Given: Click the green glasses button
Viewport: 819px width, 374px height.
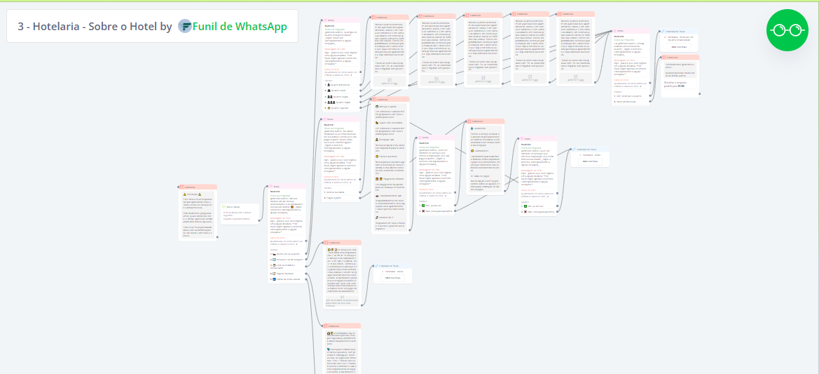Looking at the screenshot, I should pos(787,30).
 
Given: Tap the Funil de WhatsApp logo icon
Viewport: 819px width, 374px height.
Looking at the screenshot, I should pos(185,27).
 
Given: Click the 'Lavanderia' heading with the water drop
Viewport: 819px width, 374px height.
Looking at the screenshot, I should pos(482,129).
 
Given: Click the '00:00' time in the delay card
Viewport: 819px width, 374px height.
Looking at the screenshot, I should pos(681,86).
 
